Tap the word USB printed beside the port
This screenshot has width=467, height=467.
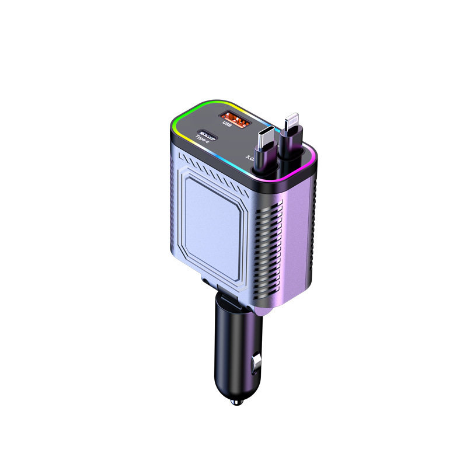[x=227, y=121]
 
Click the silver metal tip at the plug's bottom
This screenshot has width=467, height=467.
[x=236, y=403]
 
